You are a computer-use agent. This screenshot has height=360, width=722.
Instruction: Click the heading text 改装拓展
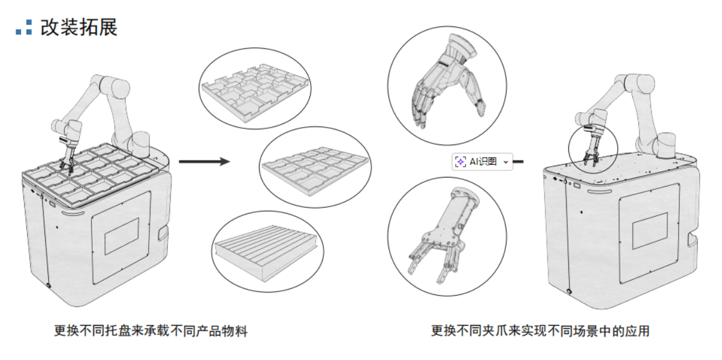coord(79,27)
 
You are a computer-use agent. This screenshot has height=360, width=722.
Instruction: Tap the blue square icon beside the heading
coord(24,27)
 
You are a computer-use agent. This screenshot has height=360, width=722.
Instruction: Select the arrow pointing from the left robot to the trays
coord(205,161)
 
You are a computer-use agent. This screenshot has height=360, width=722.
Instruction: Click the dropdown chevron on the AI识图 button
coord(505,161)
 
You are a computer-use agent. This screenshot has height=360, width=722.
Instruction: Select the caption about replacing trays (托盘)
coord(151,331)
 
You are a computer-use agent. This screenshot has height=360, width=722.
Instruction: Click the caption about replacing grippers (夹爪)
coord(540,331)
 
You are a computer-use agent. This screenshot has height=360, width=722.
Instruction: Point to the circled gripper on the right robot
coord(593,147)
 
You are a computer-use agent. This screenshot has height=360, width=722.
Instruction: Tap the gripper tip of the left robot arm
coord(67,163)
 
